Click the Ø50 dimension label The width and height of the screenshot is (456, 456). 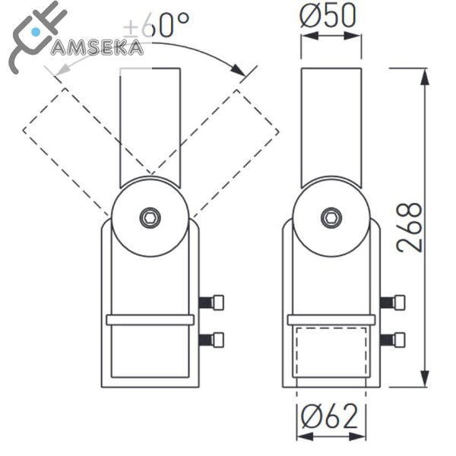coord(330,17)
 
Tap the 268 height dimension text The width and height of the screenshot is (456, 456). coord(410,227)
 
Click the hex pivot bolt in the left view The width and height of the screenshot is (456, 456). coord(150,217)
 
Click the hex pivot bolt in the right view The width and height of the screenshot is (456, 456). coord(331,217)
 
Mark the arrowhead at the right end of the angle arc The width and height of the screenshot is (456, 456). coord(242,73)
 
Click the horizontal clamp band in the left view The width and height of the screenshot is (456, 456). coord(150,320)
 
